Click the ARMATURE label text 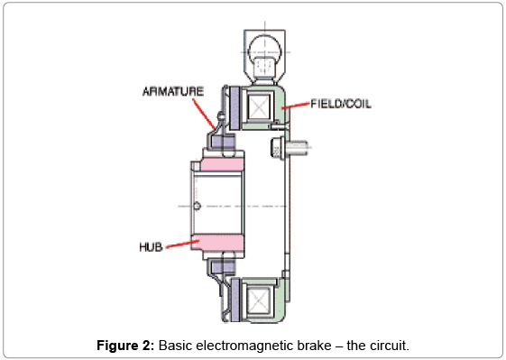point(173,91)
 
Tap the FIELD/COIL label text point(341,104)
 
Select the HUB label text point(151,247)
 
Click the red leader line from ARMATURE point(204,114)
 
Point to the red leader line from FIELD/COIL point(296,106)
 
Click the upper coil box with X point(259,106)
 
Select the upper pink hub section point(222,165)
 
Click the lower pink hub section point(217,243)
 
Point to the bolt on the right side point(290,148)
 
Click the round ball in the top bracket point(265,51)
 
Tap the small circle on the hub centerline point(198,206)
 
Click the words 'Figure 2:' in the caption point(125,346)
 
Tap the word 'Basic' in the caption point(175,346)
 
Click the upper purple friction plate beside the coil point(235,108)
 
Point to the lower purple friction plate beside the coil point(235,300)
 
